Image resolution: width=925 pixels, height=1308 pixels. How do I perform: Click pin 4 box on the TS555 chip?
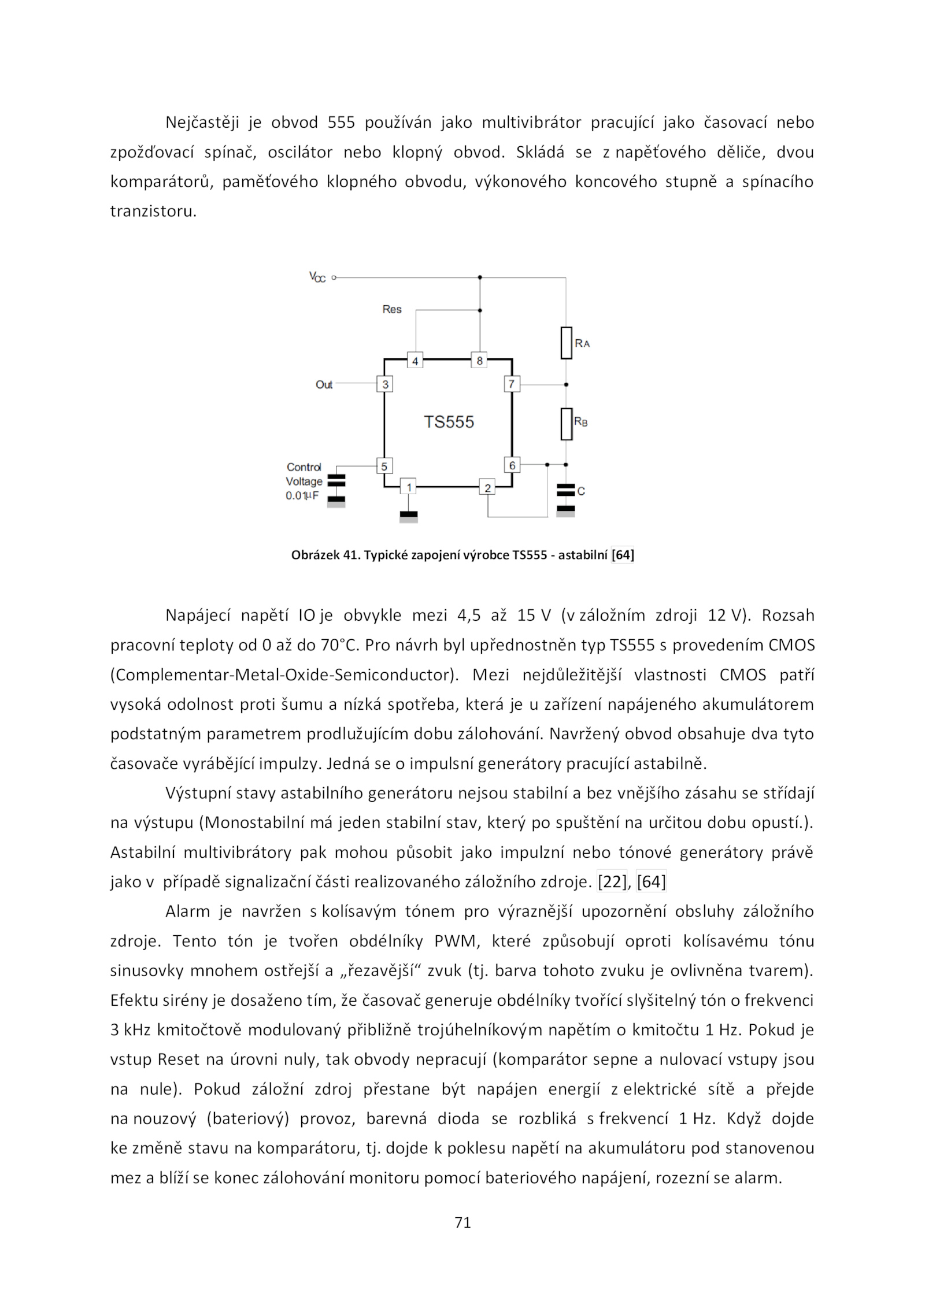coord(415,360)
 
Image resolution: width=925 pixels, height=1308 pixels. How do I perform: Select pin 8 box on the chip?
coord(479,360)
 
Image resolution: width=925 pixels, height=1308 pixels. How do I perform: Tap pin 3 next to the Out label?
coord(384,384)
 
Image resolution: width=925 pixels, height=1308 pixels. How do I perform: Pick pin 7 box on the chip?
coord(512,384)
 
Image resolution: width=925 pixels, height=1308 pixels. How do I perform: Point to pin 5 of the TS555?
coord(384,465)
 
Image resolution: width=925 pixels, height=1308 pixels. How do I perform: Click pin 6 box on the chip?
coord(512,465)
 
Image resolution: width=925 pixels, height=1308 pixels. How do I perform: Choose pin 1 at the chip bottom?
coord(408,487)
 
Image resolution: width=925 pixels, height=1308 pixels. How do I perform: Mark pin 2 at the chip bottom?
coord(487,487)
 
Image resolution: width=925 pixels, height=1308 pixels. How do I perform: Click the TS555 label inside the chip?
coord(449,422)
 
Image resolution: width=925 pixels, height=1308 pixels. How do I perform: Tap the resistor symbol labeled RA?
coord(566,343)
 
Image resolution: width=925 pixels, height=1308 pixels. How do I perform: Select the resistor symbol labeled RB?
coord(566,424)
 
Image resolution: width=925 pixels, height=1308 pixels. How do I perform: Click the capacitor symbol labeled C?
coord(565,491)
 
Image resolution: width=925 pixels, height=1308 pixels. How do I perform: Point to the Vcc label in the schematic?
coord(317,277)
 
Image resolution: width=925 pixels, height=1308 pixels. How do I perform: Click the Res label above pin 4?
coord(391,309)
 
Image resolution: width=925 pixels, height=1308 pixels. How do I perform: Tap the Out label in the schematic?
coord(324,384)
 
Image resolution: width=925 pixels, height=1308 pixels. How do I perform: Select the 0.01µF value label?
coord(302,496)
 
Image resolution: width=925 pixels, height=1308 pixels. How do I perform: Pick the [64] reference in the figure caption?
coord(623,555)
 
